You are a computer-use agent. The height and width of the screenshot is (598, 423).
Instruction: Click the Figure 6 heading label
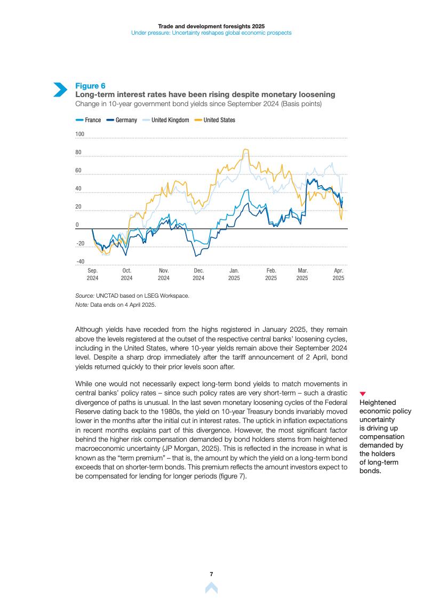click(90, 86)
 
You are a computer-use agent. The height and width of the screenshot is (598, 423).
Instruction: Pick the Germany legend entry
click(122, 120)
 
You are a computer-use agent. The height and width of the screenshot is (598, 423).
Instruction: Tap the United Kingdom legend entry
click(166, 120)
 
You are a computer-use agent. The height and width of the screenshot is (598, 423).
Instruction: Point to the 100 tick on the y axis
click(80, 134)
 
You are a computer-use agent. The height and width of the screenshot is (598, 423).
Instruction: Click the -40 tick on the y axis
click(80, 261)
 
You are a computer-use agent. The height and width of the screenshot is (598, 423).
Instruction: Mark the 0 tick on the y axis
click(77, 225)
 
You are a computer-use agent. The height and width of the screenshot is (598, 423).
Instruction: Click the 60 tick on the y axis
click(78, 171)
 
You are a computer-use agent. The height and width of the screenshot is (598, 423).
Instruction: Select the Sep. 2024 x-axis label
click(92, 274)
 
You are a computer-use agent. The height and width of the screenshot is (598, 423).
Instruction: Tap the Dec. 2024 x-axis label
click(198, 274)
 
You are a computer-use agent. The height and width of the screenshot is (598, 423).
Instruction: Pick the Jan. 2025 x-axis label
click(234, 274)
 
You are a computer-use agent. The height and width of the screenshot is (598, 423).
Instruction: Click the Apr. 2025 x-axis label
click(338, 274)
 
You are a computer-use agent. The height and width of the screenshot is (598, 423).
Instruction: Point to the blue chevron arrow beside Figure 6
click(60, 90)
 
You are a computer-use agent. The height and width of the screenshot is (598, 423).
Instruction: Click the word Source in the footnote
click(84, 295)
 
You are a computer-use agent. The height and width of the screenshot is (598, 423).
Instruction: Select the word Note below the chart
click(82, 305)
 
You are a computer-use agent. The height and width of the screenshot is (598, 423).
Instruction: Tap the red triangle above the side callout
click(363, 394)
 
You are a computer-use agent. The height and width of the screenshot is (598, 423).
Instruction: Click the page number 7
click(211, 574)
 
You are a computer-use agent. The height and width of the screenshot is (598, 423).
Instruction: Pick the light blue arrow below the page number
click(211, 588)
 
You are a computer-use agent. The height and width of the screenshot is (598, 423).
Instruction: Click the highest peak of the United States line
click(245, 149)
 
